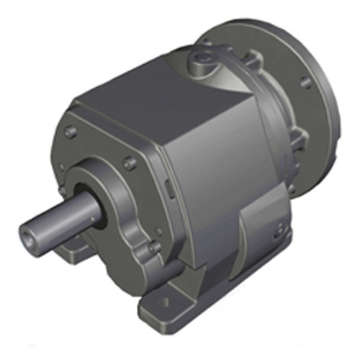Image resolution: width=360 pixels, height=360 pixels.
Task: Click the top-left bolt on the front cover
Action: coord(71,132)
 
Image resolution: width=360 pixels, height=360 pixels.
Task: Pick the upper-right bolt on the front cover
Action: coord(130,163)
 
